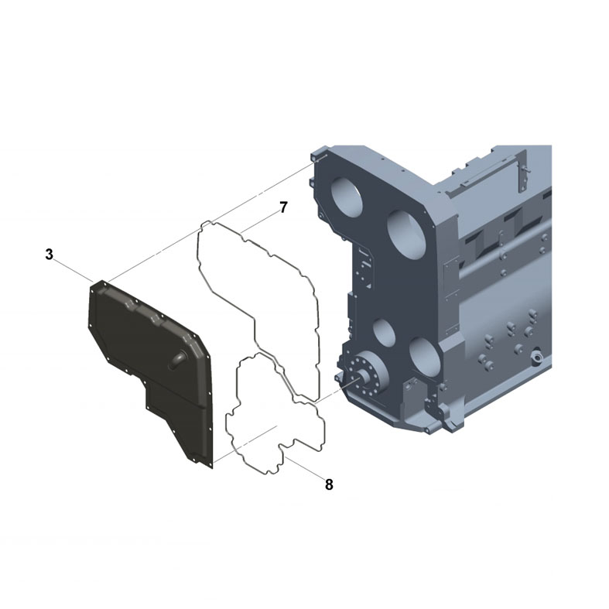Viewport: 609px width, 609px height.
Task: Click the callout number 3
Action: point(49,254)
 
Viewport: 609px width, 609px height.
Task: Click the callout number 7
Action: point(283,207)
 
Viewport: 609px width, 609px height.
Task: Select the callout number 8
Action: point(329,484)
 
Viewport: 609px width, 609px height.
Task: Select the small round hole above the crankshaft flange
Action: point(384,332)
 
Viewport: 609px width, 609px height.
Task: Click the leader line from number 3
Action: point(74,268)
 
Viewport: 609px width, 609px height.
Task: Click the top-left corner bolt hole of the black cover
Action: point(96,286)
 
